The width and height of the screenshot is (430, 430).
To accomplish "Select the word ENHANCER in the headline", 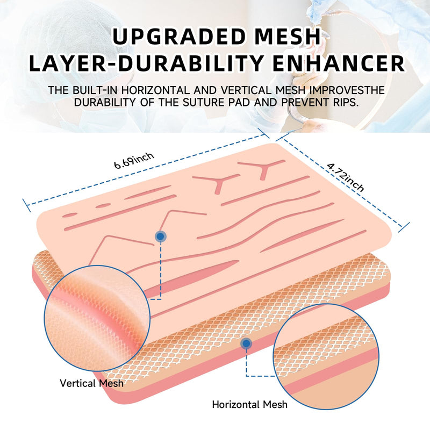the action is (339, 63).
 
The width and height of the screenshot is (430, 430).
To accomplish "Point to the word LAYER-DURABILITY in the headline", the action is (146, 63).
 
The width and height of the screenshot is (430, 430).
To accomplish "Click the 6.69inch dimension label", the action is (134, 161).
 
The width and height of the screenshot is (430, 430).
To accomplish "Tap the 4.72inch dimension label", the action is (346, 177).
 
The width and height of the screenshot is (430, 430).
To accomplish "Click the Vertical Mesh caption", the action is (91, 383).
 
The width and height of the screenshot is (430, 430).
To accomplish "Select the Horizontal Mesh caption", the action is (249, 405).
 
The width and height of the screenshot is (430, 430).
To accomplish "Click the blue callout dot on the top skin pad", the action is (161, 236).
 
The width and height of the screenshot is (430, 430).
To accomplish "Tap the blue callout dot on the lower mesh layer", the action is (246, 343).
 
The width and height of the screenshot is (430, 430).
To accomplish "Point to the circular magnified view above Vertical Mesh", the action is (97, 318).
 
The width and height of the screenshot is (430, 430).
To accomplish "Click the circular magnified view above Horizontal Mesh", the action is (326, 356).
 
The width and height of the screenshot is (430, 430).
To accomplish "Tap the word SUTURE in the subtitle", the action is (203, 102).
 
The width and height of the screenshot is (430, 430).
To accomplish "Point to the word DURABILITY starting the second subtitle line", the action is (105, 102).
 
